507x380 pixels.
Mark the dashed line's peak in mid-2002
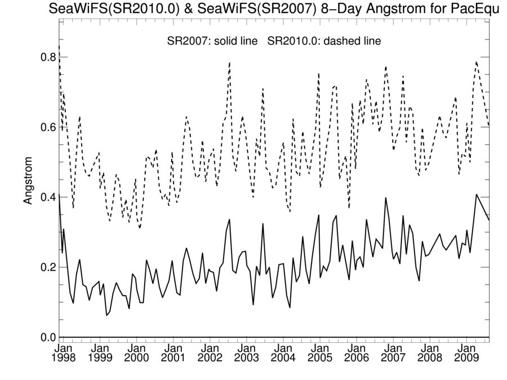[229, 62]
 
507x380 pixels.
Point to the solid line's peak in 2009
[477, 195]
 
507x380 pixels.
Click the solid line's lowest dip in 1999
[106, 315]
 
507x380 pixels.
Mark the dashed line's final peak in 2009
[477, 62]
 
